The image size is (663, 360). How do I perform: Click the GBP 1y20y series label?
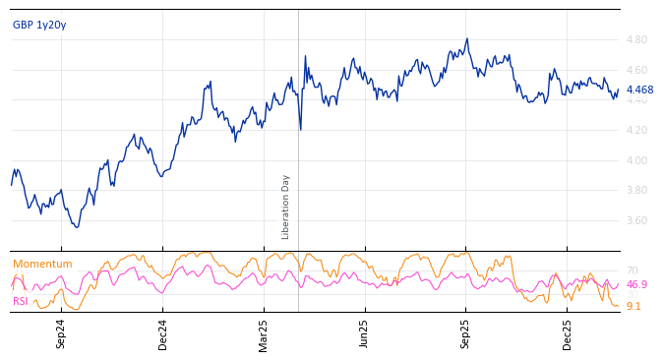click(39, 25)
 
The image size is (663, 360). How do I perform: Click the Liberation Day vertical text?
click(286, 207)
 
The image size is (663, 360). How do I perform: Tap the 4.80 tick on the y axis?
click(636, 40)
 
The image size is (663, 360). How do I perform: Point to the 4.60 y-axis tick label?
click(636, 70)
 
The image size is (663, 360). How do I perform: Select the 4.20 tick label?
click(636, 131)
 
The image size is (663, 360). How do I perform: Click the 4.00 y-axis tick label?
click(636, 160)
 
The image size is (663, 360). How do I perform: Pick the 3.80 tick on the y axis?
click(636, 191)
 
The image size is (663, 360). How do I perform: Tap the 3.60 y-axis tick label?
click(636, 221)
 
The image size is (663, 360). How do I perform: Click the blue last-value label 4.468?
click(639, 90)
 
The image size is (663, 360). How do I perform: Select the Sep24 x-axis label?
click(61, 333)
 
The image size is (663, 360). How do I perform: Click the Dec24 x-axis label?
click(163, 333)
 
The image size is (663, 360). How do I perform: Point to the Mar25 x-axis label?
click(264, 333)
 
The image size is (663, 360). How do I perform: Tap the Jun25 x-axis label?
click(364, 333)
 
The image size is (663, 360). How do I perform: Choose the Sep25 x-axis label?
click(465, 333)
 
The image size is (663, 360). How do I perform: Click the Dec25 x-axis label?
click(567, 333)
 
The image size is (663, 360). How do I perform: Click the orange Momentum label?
click(42, 265)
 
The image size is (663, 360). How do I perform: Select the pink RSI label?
click(21, 301)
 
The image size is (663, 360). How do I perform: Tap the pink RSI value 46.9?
click(636, 285)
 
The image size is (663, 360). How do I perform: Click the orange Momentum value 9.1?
click(633, 307)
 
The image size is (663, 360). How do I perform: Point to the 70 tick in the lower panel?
click(632, 270)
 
